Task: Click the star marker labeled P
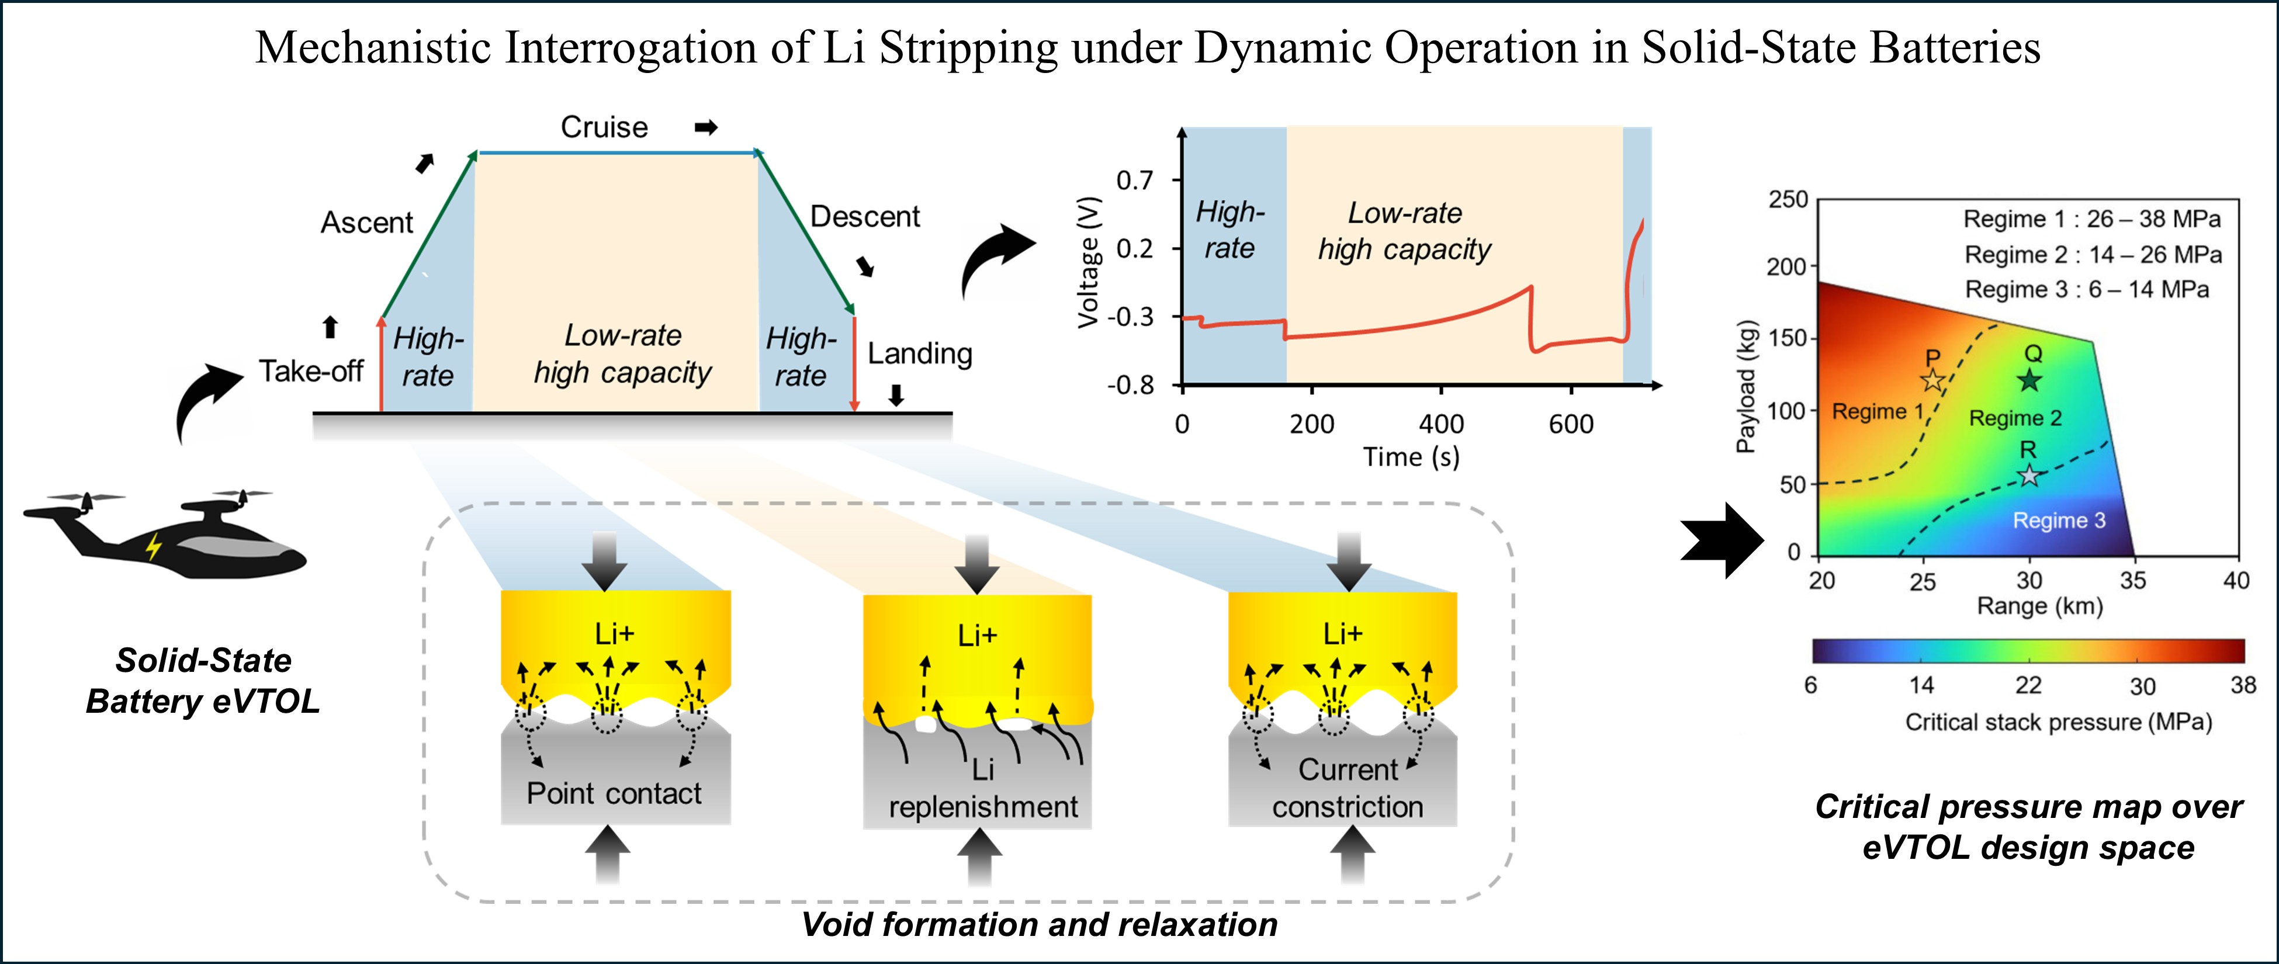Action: click(x=1933, y=380)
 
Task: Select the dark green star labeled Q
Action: click(x=2029, y=380)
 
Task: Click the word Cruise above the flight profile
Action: click(x=604, y=127)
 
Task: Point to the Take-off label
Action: click(x=310, y=372)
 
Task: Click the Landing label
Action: click(x=919, y=354)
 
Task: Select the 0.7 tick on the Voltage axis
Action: click(x=1135, y=181)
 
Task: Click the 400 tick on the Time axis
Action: click(x=1441, y=425)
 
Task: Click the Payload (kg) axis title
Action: click(x=1745, y=384)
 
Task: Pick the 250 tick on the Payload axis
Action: click(x=1788, y=200)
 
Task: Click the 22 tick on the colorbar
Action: click(x=2028, y=685)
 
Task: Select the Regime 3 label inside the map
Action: click(x=2059, y=520)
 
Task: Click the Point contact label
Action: click(x=614, y=793)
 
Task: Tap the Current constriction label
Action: click(x=1348, y=788)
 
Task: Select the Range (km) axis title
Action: click(x=2039, y=606)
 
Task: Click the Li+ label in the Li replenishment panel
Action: click(x=976, y=635)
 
